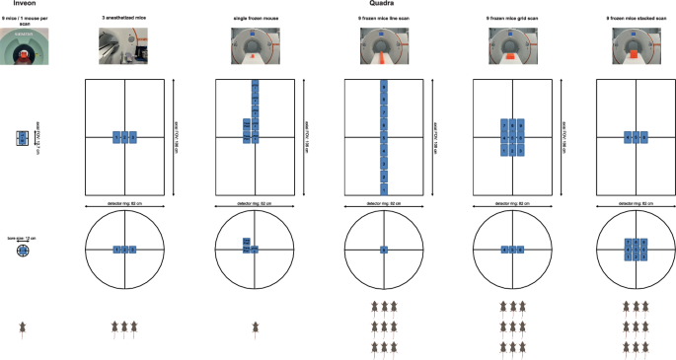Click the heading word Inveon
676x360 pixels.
tap(15, 4)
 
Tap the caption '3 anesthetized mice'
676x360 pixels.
tap(125, 18)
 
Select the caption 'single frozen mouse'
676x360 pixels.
tap(255, 18)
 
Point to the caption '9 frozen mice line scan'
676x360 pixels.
tap(384, 18)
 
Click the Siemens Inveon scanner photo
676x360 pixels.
tap(24, 47)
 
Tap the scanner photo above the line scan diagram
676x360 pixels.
tap(384, 47)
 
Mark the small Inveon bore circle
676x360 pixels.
tap(24, 252)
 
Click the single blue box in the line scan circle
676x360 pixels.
tap(384, 251)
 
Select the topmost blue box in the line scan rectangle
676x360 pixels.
tap(384, 88)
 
